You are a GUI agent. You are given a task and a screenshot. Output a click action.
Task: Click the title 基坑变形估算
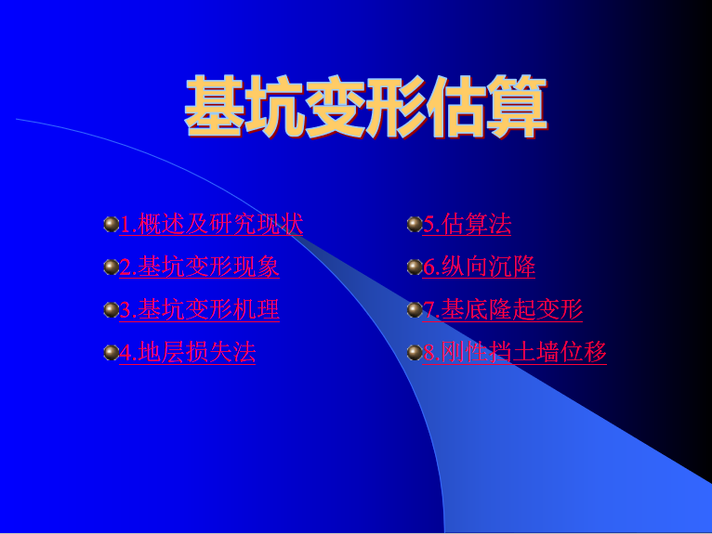[x=366, y=107]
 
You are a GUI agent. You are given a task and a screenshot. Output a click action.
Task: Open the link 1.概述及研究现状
[x=211, y=224]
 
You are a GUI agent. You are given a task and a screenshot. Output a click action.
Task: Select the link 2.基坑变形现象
[x=199, y=267]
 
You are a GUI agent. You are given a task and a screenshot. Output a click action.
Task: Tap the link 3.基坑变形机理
[x=199, y=309]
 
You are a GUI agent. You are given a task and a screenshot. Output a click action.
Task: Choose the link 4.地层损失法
[x=188, y=353]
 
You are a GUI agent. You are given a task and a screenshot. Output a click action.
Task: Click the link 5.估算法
[x=467, y=224]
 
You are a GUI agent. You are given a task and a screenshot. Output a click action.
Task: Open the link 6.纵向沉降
[x=479, y=267]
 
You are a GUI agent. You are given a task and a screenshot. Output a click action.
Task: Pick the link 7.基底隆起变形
[x=503, y=309]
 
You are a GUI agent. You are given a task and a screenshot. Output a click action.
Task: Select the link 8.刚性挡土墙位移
[x=514, y=353]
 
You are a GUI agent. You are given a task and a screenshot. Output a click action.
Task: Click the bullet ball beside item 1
[x=112, y=224]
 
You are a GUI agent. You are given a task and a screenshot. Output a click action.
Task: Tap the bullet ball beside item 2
[x=112, y=267]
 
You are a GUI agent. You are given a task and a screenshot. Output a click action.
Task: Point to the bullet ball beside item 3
[x=112, y=310]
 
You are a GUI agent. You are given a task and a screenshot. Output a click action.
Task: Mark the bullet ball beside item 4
[x=112, y=353]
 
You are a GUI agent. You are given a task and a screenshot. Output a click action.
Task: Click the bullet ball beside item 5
[x=415, y=224]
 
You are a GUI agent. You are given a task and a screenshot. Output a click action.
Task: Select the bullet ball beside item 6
[x=415, y=267]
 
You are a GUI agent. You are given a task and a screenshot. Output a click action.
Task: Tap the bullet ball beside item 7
[x=415, y=310]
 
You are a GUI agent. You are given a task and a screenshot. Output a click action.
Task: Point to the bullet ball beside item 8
[x=415, y=353]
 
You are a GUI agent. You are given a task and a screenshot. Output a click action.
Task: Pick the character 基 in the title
[x=214, y=107]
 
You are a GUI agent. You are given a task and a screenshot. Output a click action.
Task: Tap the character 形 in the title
[x=396, y=107]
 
